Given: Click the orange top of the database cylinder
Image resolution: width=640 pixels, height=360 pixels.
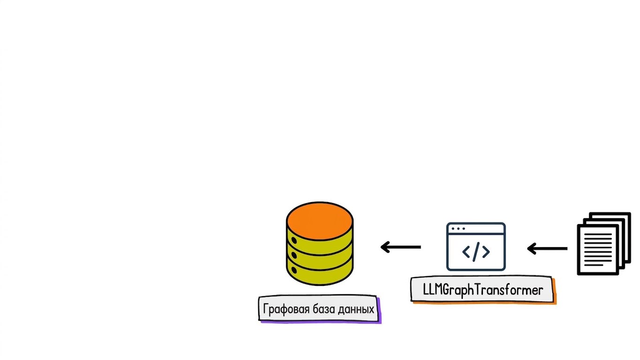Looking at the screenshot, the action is point(320,221).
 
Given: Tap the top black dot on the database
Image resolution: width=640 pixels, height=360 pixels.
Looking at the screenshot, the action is point(294,240).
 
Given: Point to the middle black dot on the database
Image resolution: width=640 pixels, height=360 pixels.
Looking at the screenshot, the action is point(294,255).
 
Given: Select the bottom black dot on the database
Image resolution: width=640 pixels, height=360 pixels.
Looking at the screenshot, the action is point(294,270).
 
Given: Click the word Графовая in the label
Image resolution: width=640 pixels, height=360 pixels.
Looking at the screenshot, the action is point(286,309).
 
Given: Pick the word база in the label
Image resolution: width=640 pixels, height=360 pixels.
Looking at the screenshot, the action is point(324,309).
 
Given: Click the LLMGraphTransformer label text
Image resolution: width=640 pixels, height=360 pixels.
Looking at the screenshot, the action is point(483,291).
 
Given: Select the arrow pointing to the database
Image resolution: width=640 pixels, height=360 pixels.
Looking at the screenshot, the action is point(400,247).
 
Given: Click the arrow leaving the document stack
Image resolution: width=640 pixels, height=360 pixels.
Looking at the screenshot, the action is point(547,248).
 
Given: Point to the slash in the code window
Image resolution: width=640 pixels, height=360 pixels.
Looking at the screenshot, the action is point(476,252).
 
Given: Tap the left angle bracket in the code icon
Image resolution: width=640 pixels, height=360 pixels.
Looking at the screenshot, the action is point(466,252).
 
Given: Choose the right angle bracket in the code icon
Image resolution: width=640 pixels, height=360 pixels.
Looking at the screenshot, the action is point(486,252).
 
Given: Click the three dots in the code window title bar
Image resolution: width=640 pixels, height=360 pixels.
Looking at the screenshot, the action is point(458,229).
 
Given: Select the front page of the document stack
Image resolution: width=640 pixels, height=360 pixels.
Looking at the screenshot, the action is point(598,250).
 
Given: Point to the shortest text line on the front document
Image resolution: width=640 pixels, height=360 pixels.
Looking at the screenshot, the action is point(594,265).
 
